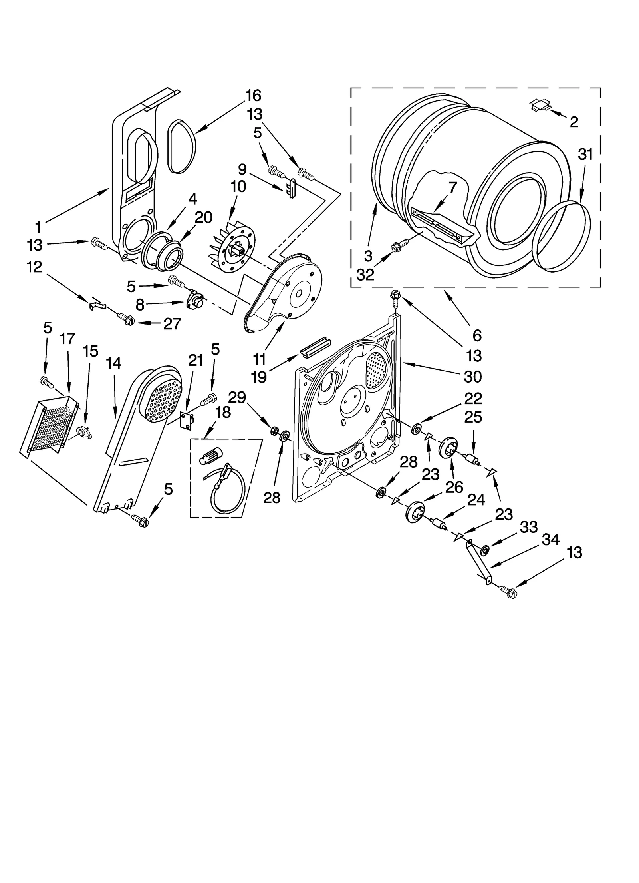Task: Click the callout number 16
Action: point(253,96)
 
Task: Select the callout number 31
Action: point(585,154)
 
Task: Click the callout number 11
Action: point(260,359)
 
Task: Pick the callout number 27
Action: point(173,324)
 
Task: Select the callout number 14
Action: point(114,363)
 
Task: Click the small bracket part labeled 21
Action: point(187,421)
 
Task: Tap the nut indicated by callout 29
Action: point(274,431)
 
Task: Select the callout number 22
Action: point(473,399)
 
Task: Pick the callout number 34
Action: point(550,540)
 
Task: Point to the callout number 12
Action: point(34,267)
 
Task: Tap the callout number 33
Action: point(528,527)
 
